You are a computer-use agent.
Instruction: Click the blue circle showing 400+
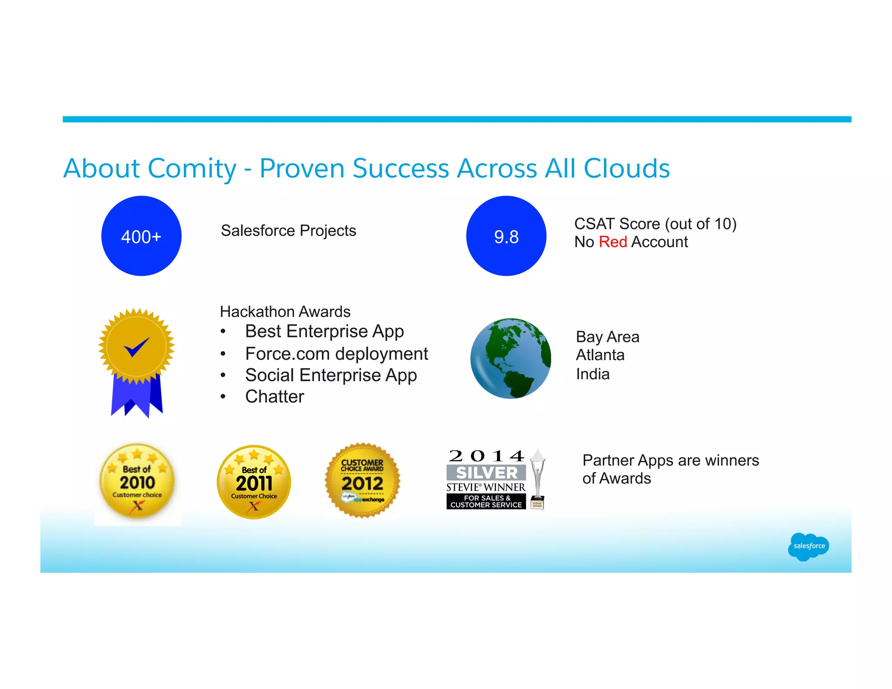click(141, 236)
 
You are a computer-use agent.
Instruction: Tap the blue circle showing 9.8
click(506, 236)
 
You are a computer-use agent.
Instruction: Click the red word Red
click(612, 242)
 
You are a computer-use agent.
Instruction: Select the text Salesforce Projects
click(288, 230)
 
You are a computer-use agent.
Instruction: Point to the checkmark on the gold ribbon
click(136, 347)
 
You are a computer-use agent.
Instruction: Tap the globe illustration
click(510, 358)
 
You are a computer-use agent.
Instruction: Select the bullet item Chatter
click(274, 396)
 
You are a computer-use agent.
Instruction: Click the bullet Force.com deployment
click(336, 354)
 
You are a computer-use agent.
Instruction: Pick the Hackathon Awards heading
click(285, 312)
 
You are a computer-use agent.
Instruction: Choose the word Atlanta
click(600, 355)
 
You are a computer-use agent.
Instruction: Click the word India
click(592, 374)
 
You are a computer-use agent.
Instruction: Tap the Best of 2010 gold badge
click(137, 481)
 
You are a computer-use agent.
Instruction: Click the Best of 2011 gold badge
click(254, 482)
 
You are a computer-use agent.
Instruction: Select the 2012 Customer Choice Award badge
click(362, 480)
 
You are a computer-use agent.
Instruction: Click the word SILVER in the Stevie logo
click(487, 473)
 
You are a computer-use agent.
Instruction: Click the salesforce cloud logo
click(808, 546)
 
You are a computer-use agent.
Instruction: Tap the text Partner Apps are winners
click(670, 460)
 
